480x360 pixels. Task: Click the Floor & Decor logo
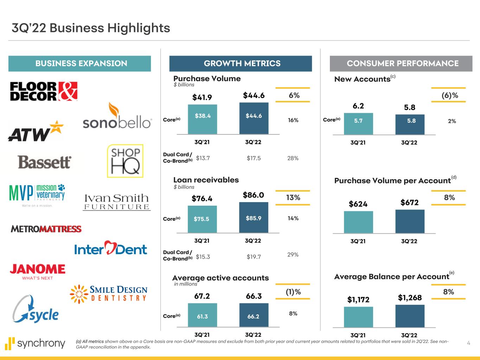44,91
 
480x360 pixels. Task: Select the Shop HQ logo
125,161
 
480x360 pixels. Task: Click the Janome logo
37,271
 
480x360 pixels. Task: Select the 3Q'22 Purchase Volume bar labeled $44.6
254,118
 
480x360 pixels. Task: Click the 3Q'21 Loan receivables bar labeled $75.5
202,219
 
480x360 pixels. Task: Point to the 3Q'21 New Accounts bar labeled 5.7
358,123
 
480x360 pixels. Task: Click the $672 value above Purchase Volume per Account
410,202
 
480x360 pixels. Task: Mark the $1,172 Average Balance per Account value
358,300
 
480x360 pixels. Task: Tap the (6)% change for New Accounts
450,95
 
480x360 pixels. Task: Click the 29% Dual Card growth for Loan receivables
293,255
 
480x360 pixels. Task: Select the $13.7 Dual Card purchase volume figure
203,158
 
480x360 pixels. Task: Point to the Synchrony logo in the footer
35,343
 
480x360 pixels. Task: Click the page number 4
468,343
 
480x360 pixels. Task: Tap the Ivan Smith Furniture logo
117,201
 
